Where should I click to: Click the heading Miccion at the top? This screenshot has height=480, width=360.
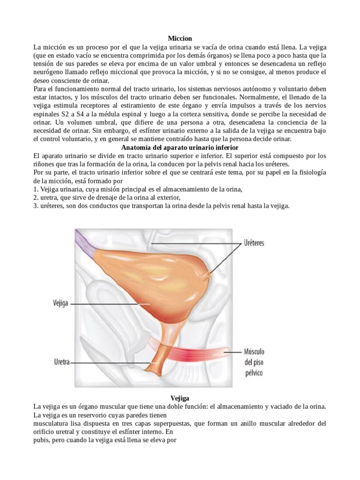180,38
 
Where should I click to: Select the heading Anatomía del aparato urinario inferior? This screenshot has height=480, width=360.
180,147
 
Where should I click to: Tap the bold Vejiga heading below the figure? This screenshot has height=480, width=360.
180,397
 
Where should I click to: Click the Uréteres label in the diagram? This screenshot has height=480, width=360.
255,243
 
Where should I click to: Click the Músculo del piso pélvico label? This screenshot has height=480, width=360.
254,362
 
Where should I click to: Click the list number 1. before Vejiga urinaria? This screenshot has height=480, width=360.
36,189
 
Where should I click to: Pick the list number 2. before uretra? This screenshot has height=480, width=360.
36,197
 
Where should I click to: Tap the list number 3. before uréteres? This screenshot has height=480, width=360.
36,206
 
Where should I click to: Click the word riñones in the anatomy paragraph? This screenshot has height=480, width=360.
45,164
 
